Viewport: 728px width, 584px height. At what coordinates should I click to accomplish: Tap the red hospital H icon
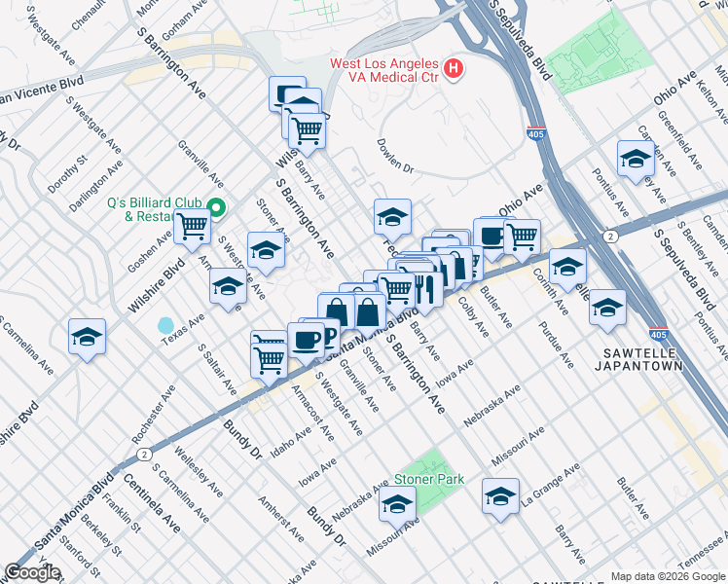tap(453, 68)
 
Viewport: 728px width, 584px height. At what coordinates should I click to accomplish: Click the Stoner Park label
tap(428, 480)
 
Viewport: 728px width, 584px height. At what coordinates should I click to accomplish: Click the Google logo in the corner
tap(33, 572)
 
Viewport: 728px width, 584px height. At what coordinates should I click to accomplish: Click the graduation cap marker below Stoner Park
tap(397, 504)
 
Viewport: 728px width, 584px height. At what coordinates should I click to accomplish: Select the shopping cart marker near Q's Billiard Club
tap(193, 227)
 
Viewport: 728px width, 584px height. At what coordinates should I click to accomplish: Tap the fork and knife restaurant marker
tap(423, 286)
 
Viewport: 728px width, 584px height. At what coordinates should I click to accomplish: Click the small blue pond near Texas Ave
tap(165, 324)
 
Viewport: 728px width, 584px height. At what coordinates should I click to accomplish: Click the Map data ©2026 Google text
tap(667, 575)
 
